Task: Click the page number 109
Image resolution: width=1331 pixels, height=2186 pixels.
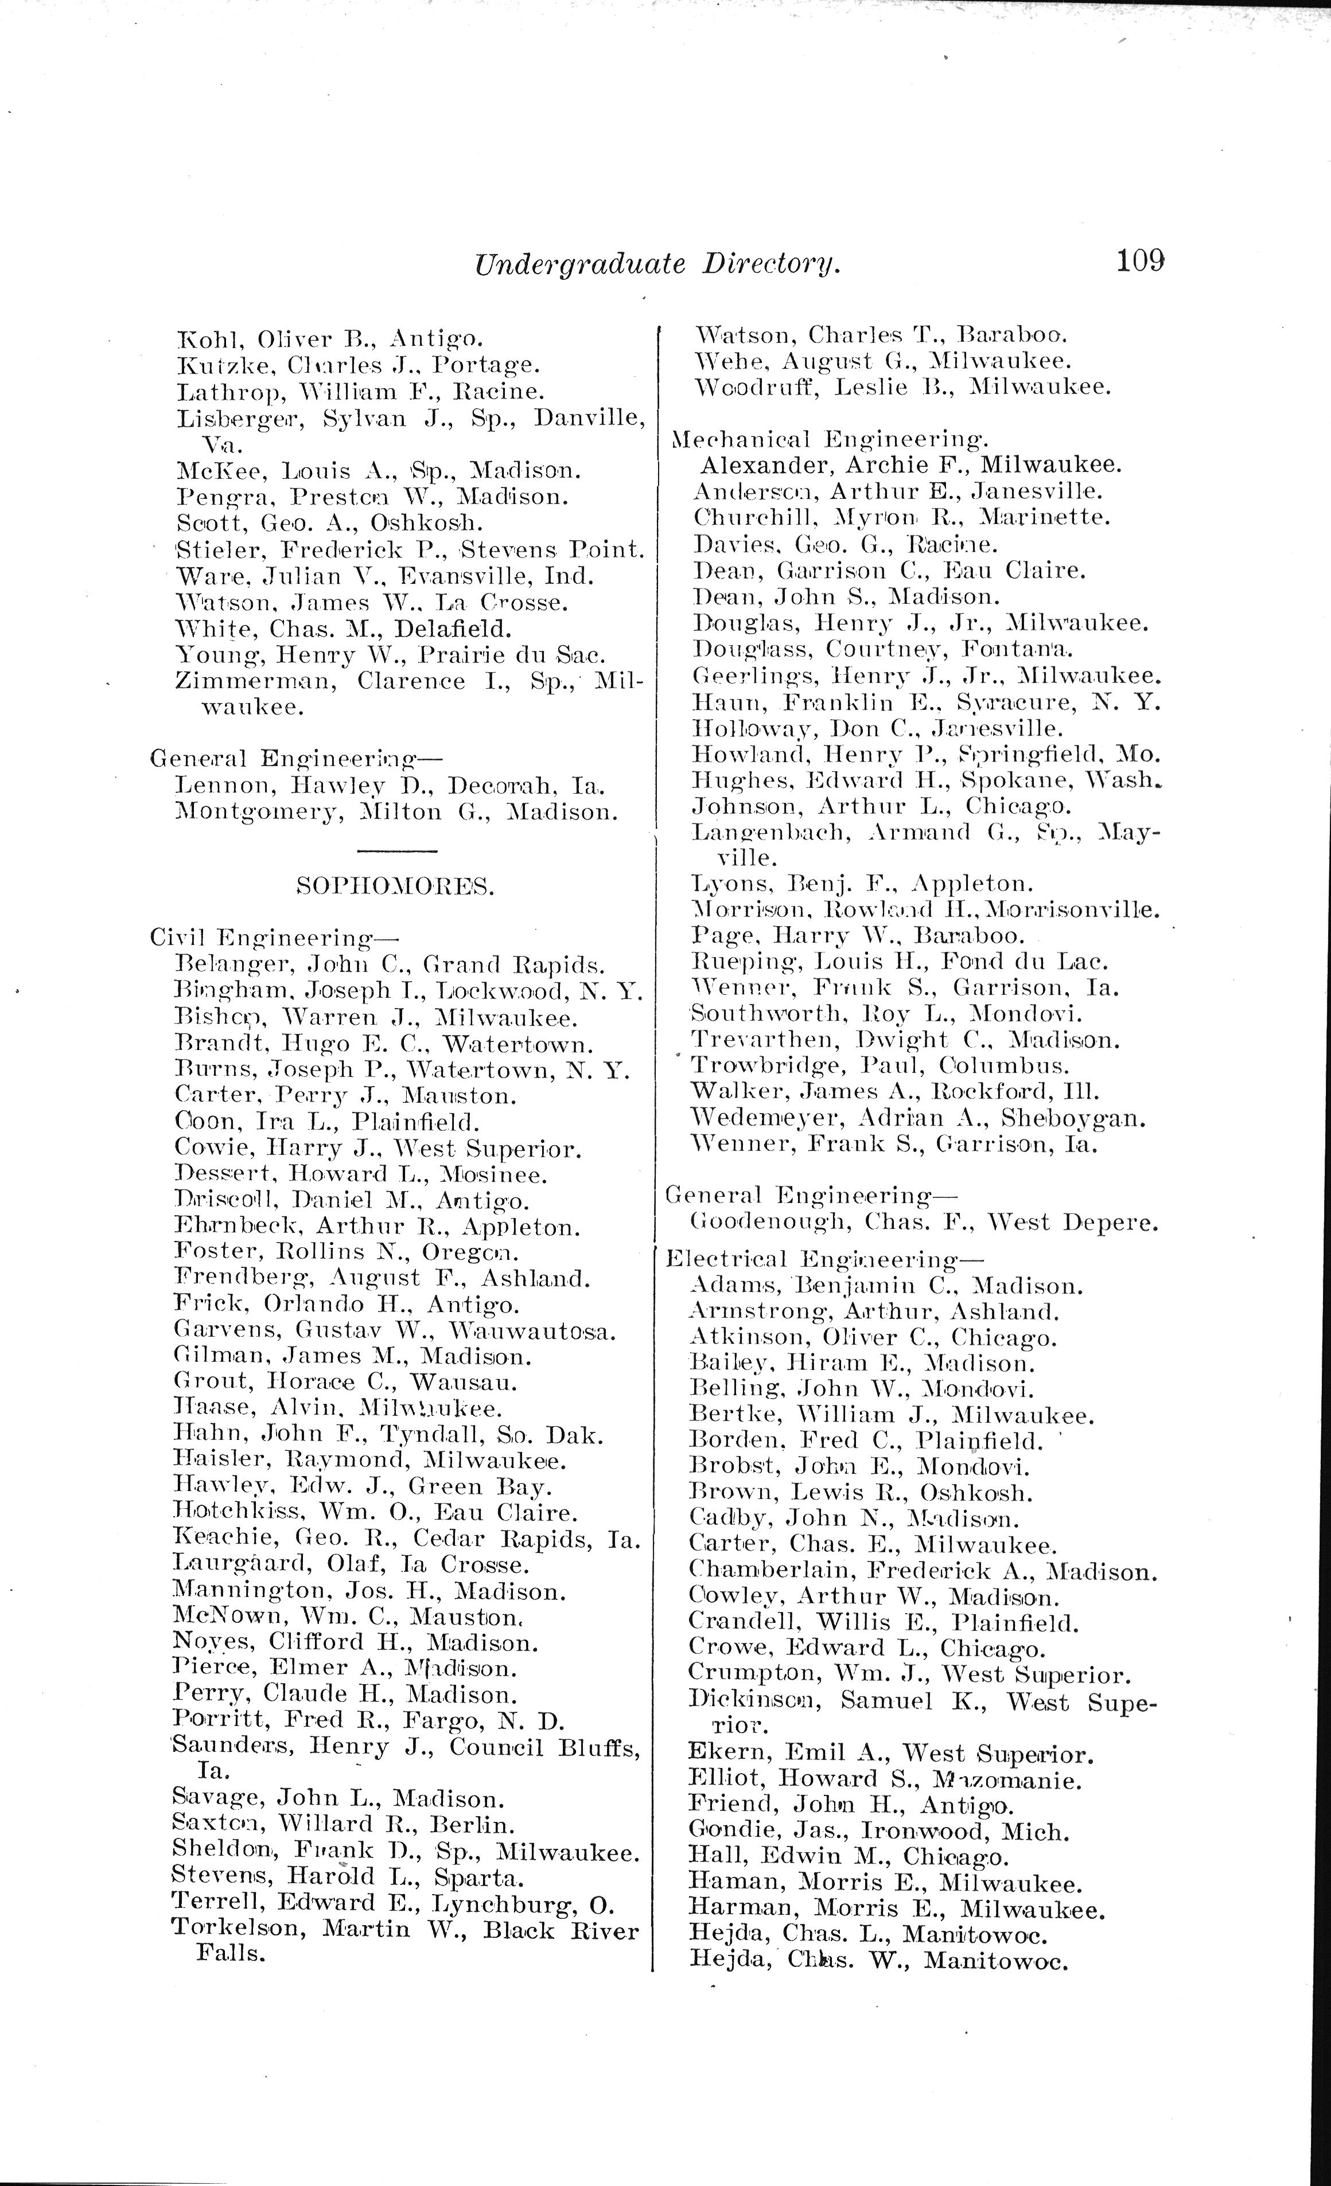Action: coord(1139,261)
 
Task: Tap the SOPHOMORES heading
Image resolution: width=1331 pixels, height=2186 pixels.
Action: coord(394,887)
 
